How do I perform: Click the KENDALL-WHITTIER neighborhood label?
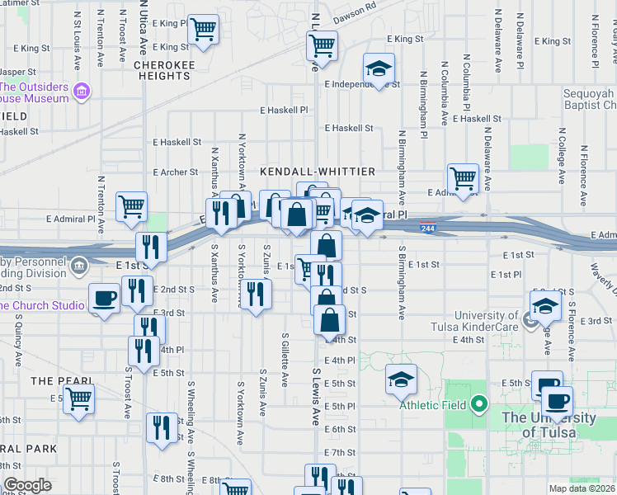pyautogui.click(x=318, y=171)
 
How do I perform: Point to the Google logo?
pyautogui.click(x=27, y=485)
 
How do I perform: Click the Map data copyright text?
pyautogui.click(x=582, y=488)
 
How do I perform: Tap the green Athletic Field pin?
pyautogui.click(x=477, y=405)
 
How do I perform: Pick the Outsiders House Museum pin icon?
pyautogui.click(x=81, y=90)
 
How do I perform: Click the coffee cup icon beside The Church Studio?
pyautogui.click(x=105, y=298)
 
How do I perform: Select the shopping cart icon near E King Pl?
pyautogui.click(x=202, y=30)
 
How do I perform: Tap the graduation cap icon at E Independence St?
pyautogui.click(x=379, y=68)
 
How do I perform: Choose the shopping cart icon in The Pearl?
pyautogui.click(x=79, y=398)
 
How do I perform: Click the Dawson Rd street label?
pyautogui.click(x=355, y=19)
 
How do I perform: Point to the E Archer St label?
pyautogui.click(x=176, y=172)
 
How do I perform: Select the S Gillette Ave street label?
pyautogui.click(x=285, y=360)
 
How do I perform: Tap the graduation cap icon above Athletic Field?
pyautogui.click(x=401, y=379)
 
